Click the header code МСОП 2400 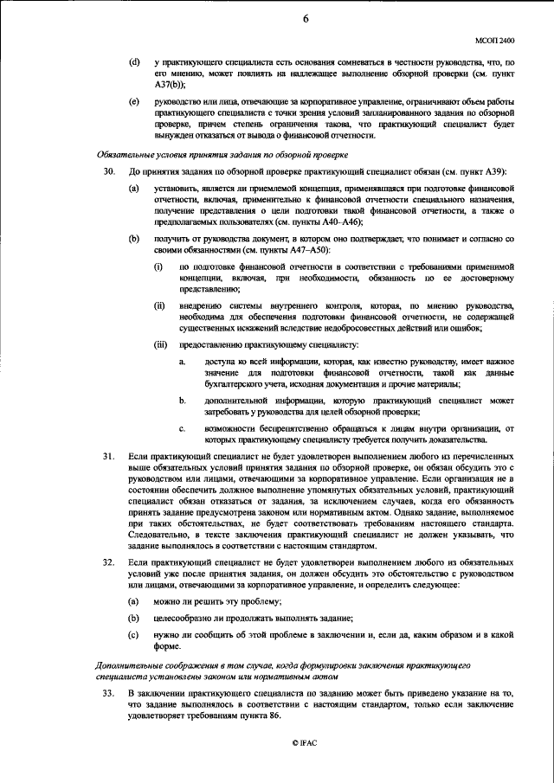point(494,39)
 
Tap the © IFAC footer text point(282,742)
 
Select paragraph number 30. point(110,172)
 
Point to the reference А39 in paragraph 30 point(491,172)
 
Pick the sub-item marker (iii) point(160,343)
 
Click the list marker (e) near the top point(133,102)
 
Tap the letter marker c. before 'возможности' point(183,428)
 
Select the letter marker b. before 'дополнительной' point(183,400)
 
